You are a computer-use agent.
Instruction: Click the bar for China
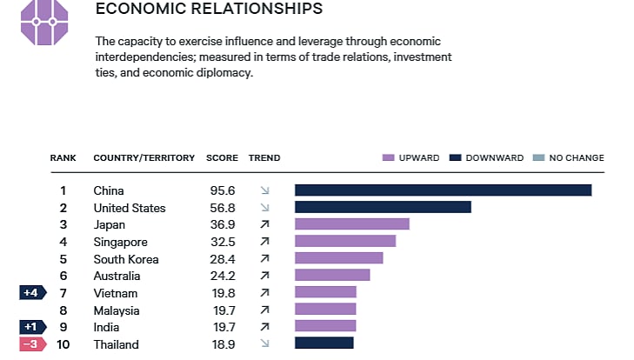click(x=443, y=190)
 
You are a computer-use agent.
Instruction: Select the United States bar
click(x=383, y=207)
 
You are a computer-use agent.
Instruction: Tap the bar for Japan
click(x=351, y=224)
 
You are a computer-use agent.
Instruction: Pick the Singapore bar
click(x=344, y=241)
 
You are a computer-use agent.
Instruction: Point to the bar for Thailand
click(x=324, y=343)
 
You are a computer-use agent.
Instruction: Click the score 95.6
click(x=222, y=190)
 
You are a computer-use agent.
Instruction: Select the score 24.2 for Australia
click(x=222, y=276)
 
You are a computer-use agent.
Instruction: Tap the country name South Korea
click(x=126, y=258)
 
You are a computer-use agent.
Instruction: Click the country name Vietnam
click(x=115, y=293)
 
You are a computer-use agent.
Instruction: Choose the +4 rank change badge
click(x=31, y=293)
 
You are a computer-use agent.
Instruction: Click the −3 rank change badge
click(x=31, y=344)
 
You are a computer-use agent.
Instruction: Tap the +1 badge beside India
click(x=31, y=327)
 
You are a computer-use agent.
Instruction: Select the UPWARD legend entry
click(x=411, y=158)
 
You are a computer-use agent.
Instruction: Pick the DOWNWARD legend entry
click(x=486, y=158)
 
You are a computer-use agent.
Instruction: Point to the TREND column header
click(x=264, y=158)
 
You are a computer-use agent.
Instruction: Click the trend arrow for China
click(x=264, y=190)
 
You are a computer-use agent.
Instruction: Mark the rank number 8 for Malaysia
click(x=63, y=310)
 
